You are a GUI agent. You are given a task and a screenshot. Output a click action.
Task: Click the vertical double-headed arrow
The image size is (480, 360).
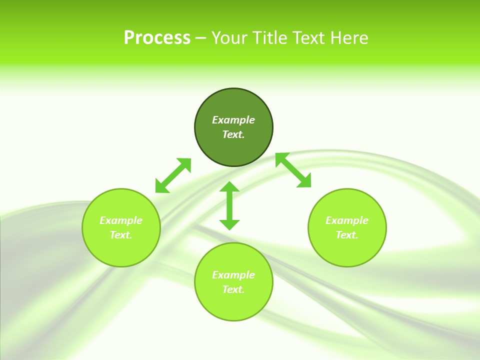coord(229,205)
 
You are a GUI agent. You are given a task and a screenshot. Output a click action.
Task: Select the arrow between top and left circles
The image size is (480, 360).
coord(173,175)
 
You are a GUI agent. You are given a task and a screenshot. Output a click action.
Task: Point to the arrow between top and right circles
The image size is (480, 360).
coord(293,170)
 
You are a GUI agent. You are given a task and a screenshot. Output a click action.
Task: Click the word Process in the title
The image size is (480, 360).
coord(157,38)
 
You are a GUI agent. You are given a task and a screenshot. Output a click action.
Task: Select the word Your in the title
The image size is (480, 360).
coord(229,38)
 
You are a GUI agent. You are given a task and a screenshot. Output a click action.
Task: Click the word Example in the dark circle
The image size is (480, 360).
coord(233,120)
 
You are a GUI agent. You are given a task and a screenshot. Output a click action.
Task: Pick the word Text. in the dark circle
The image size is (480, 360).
coord(233,134)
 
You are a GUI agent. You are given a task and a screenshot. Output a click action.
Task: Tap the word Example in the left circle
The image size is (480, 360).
coord(121,220)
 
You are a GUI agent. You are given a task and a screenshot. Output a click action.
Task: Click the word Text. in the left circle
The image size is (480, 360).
coord(121,235)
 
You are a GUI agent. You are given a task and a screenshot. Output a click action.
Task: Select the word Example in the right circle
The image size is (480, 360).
coord(347,220)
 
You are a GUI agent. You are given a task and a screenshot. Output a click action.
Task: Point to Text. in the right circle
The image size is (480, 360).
coord(347,235)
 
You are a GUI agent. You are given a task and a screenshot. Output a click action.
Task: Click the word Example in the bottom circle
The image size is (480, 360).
coord(233,275)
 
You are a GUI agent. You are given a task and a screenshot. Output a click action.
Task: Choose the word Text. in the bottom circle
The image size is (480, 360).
coord(233,289)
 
